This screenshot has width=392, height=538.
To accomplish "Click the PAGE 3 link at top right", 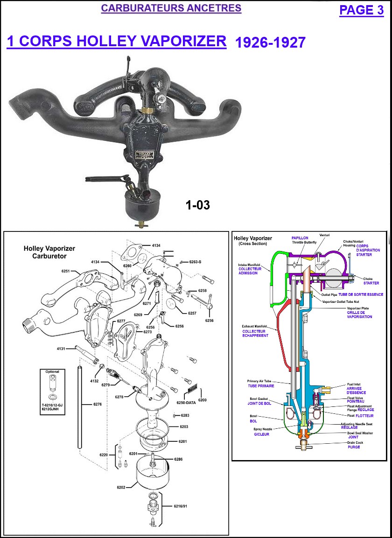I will pos(361,10).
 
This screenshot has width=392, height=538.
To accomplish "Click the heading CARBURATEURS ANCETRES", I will pos(171,8).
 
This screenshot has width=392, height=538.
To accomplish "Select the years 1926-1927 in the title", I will pos(270,43).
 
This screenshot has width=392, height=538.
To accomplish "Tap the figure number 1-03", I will pos(198,205).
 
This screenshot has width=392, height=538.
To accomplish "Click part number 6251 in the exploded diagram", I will pos(65,271).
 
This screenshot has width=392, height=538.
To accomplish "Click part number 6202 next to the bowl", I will pos(122,488).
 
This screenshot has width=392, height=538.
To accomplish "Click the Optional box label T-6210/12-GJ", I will pos(52,405).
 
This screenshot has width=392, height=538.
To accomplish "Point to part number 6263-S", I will pos(195,262).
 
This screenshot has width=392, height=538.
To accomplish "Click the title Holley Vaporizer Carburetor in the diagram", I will pos(49,252).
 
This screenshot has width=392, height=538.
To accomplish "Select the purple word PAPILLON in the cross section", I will pos(300,238).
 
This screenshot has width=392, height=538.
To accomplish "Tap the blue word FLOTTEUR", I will pos(364,415).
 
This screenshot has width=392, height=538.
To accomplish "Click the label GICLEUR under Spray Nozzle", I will pos(262,434).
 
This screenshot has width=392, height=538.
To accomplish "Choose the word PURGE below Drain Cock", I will pos(354,447).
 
